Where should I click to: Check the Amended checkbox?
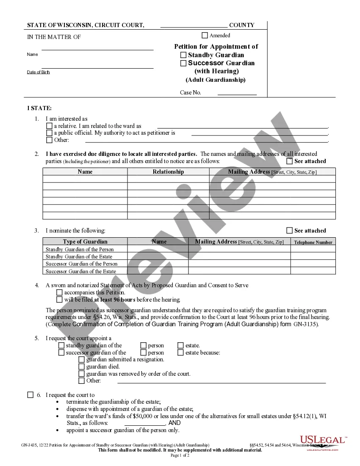(x=205, y=36)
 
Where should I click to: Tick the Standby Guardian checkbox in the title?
(x=183, y=55)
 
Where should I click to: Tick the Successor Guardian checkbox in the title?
(x=183, y=63)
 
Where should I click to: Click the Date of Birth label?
(x=39, y=72)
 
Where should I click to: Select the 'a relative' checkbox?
(x=49, y=126)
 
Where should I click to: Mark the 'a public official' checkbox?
(x=49, y=133)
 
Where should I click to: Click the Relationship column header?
(x=168, y=172)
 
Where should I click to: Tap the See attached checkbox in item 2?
(x=290, y=161)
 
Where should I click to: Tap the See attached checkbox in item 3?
(x=290, y=230)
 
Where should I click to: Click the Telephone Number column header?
(x=313, y=242)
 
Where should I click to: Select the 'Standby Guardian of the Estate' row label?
(x=79, y=256)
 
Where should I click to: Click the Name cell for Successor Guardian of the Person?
(x=158, y=264)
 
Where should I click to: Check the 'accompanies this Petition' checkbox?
(x=59, y=292)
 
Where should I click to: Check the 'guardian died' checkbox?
(x=81, y=366)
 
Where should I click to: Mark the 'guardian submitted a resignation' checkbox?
(x=81, y=359)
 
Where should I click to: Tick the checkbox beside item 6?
(x=30, y=395)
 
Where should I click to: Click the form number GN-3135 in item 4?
(x=305, y=325)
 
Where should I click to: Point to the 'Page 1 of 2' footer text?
(x=180, y=455)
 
